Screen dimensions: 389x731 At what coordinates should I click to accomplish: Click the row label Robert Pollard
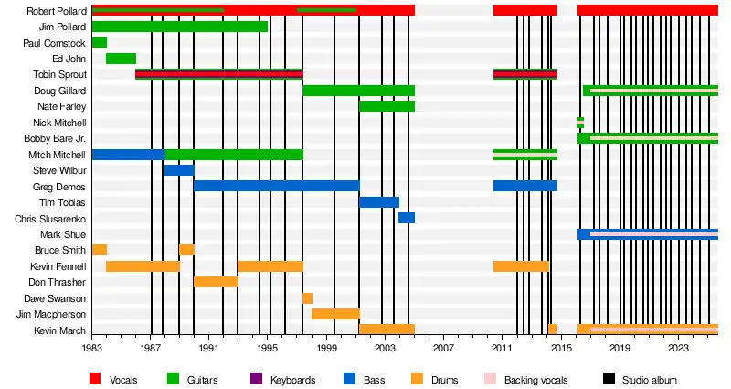coord(57,11)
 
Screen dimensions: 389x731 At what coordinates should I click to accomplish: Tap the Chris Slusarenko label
coord(50,219)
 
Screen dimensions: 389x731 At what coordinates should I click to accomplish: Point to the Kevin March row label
coord(60,330)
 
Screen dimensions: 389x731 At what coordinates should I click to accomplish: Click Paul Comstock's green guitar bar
coord(99,42)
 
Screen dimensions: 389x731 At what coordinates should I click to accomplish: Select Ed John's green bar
coord(121,59)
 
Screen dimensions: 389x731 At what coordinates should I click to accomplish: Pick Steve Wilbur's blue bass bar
coord(179,170)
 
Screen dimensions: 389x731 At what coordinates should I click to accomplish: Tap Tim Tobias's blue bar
coord(379,202)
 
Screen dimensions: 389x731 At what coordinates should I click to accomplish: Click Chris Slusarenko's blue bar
coord(407,218)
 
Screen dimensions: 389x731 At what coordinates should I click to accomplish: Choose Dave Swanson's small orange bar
coord(308,298)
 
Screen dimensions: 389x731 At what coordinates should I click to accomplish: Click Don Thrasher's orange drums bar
coord(216,282)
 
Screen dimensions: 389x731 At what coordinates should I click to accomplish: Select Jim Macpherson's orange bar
coord(335,314)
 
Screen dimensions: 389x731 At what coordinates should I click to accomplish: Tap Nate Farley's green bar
coord(387,106)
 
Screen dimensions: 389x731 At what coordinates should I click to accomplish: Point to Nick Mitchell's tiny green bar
coord(580,122)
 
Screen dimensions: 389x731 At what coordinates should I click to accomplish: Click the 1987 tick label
coord(151,349)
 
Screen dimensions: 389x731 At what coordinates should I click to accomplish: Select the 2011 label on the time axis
coord(502,349)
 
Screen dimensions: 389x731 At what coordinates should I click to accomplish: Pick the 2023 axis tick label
coord(678,349)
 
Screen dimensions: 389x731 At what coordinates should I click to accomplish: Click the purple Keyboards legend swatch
coord(256,379)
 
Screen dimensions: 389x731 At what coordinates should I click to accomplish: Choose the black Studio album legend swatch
coord(609,379)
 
